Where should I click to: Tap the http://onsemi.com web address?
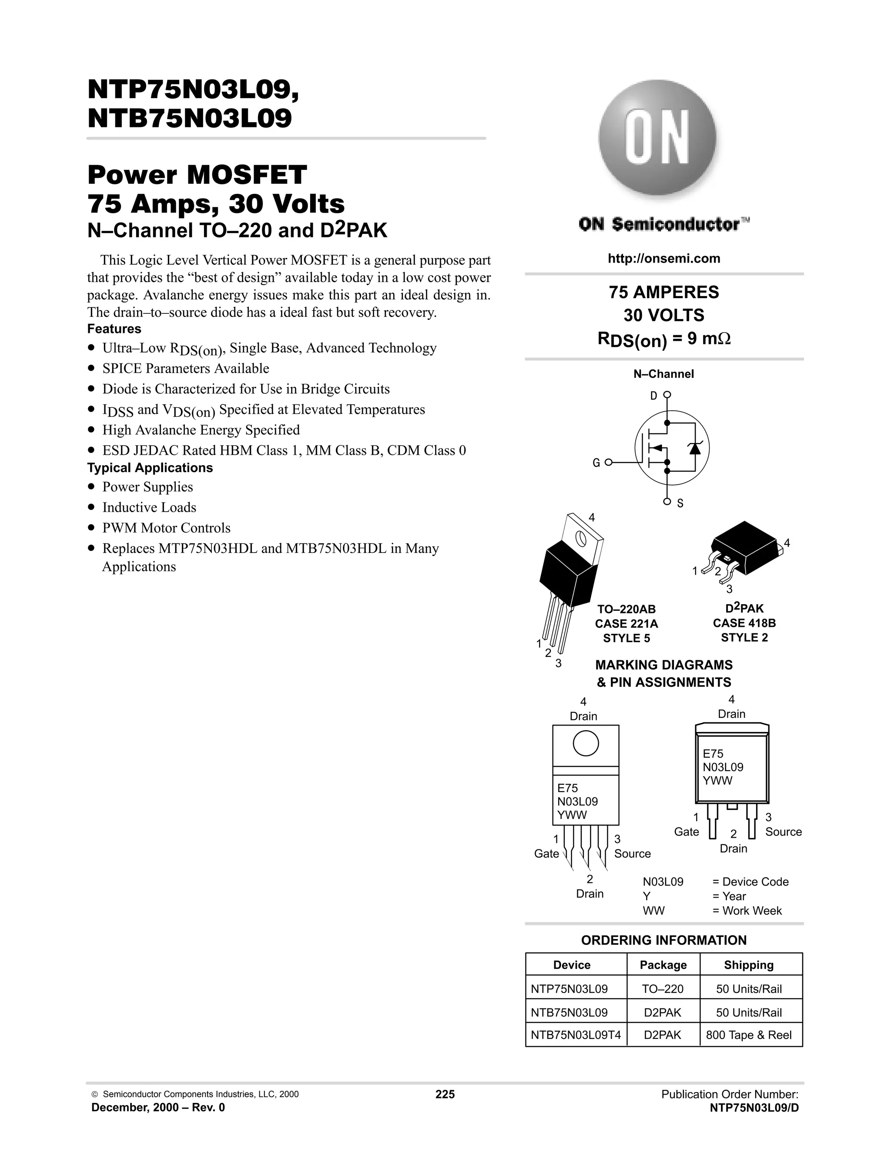[663, 259]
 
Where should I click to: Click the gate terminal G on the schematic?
[608, 463]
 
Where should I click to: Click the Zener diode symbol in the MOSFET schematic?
[694, 448]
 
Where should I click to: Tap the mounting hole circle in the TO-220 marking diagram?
[586, 744]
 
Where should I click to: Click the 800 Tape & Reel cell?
[748, 1035]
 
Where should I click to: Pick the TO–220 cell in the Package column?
[663, 989]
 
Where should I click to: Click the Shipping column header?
[748, 965]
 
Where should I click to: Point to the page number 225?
[445, 1094]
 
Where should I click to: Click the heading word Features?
[114, 329]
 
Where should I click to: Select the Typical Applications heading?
[150, 468]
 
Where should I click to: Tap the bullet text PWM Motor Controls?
[166, 528]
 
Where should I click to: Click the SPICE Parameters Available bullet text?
[185, 368]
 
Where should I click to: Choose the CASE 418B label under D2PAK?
[744, 623]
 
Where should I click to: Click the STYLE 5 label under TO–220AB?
[626, 638]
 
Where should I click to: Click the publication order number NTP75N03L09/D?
[754, 1108]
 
